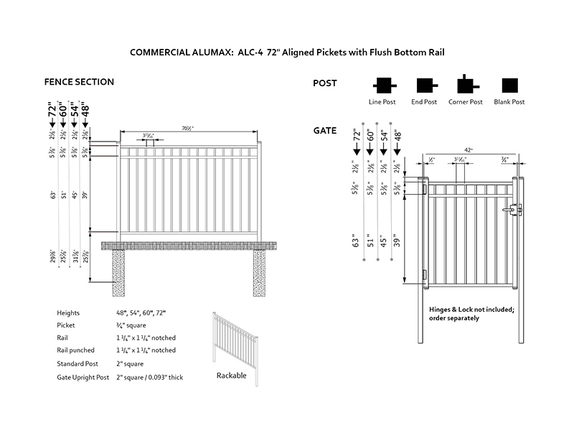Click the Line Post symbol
coord(382,85)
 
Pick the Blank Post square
coord(509,85)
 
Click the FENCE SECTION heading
coord(79,82)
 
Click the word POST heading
coord(325,83)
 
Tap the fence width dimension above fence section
coord(189,129)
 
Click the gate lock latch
coord(515,210)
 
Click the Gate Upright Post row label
coord(83,376)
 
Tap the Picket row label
coord(67,325)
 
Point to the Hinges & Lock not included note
coord(471,313)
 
